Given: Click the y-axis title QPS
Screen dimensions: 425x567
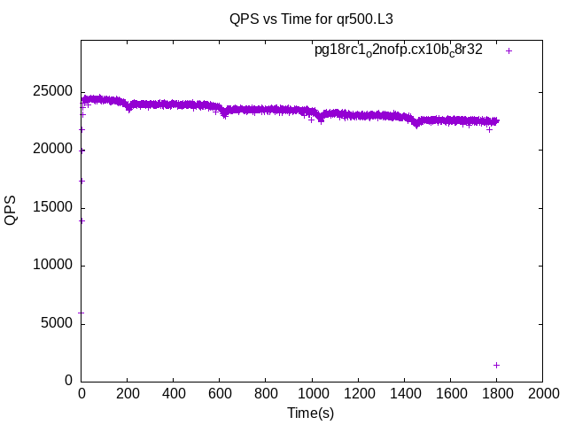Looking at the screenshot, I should click(x=11, y=211).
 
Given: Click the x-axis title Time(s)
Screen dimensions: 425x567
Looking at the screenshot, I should click(x=311, y=413).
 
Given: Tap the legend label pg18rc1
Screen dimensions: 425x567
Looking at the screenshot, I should click(x=398, y=50).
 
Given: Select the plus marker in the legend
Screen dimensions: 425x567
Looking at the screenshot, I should click(x=509, y=50).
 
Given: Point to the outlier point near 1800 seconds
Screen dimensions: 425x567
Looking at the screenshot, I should click(x=496, y=365).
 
